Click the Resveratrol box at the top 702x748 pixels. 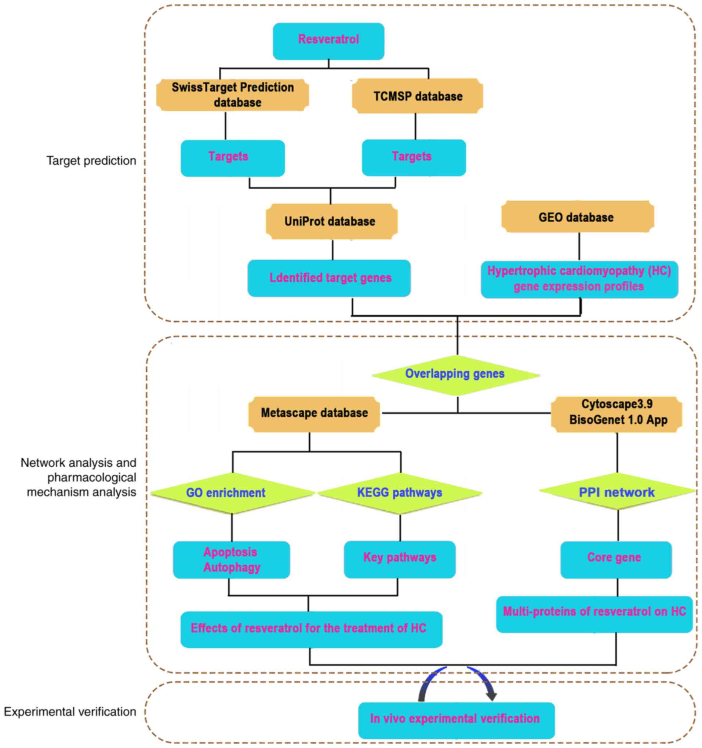coord(328,41)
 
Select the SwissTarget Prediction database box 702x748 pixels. coord(233,95)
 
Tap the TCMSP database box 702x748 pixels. coord(418,96)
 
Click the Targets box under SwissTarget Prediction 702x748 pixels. coord(233,158)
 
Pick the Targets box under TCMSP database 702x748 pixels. coord(414,158)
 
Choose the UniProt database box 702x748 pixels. coord(331,221)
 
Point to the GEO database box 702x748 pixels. coord(577,217)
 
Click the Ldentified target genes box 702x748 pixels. coord(329,278)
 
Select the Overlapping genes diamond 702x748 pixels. coord(455,375)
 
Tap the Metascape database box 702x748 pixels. coord(314,414)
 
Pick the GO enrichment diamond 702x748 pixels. coord(232,493)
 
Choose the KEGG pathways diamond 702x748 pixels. coord(400,493)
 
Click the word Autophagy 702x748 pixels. coord(232,568)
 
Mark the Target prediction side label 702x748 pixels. coord(91,161)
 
